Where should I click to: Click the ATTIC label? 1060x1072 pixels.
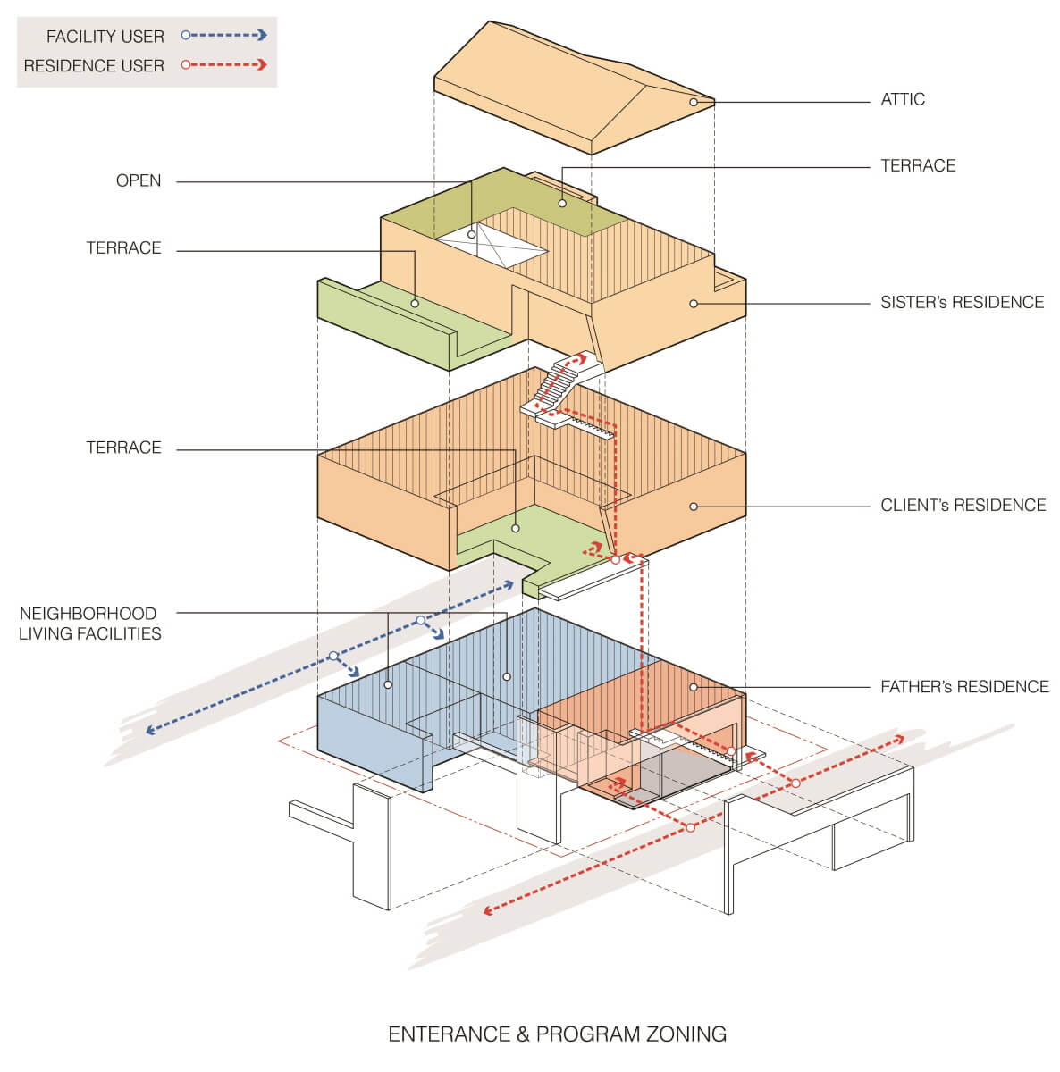point(903,99)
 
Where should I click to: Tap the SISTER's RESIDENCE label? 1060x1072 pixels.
point(962,302)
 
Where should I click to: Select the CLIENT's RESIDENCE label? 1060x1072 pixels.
point(963,505)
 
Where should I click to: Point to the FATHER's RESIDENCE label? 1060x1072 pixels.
point(964,686)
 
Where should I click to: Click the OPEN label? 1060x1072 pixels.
point(139,180)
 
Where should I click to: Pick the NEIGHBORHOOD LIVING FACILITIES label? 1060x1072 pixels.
point(89,624)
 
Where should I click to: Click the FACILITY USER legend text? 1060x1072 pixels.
point(105,37)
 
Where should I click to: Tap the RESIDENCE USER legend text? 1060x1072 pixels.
point(94,66)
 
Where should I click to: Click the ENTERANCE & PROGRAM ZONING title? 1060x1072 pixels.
point(557,1034)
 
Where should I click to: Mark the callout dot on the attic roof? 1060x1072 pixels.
point(693,103)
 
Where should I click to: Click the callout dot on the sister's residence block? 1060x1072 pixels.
point(693,304)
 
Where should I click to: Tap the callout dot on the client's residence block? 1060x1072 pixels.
point(693,507)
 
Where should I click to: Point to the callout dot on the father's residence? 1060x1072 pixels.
point(693,687)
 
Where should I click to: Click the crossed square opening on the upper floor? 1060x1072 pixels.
point(492,243)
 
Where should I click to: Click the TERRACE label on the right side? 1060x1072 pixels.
point(918,165)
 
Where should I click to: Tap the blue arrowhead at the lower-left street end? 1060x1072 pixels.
point(148,731)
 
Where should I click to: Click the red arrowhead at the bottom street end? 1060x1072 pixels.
point(488,911)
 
